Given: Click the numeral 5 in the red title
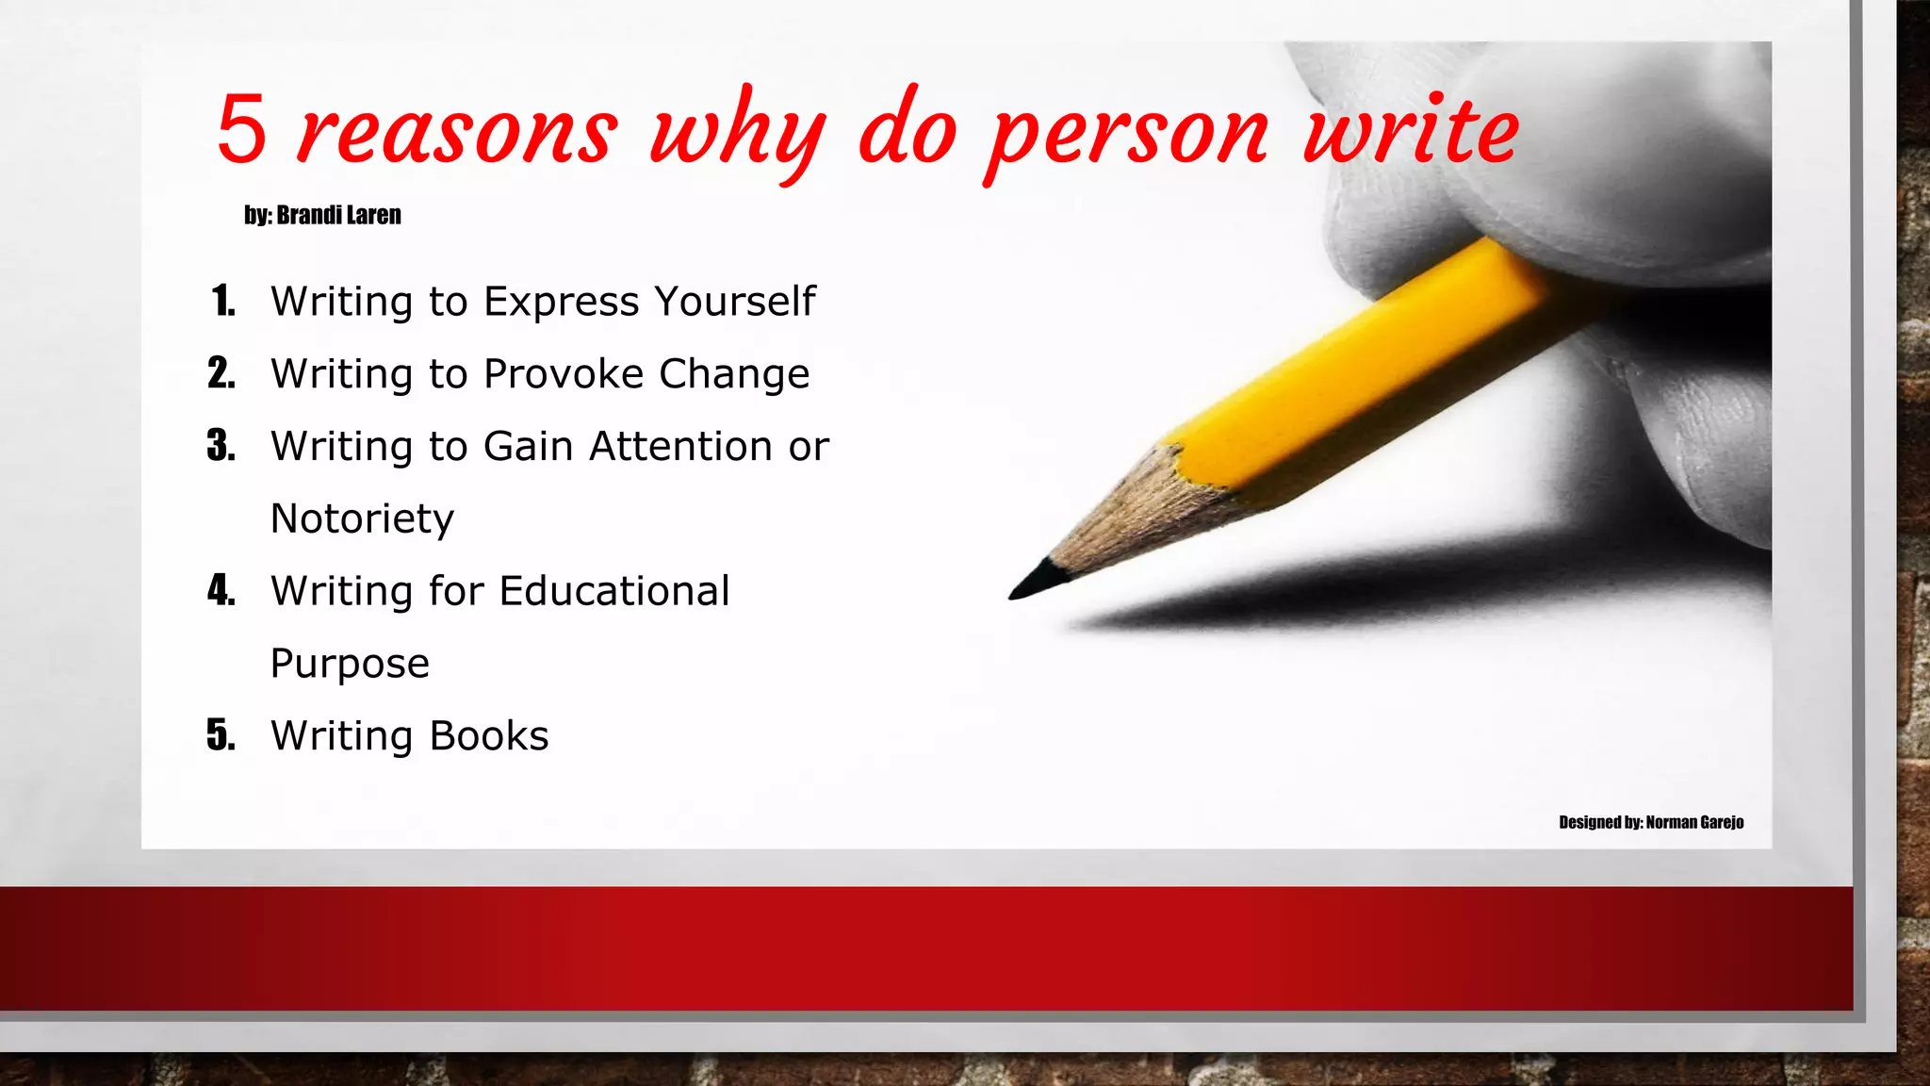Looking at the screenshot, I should coord(242,130).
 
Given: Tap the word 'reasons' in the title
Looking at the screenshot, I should coord(458,132).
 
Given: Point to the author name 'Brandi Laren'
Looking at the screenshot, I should coord(338,215).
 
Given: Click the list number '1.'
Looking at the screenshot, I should coord(223,302).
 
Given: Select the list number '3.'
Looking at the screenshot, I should coord(221,446).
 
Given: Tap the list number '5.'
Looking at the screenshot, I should coord(221,735).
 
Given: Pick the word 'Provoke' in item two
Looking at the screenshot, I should coord(564,374).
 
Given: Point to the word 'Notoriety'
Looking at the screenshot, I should coord(362,518).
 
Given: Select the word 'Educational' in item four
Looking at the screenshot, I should coord(614,591).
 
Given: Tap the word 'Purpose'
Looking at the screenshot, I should coord(350,664).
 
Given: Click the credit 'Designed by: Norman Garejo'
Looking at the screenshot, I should coord(1651,822).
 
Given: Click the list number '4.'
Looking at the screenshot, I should coord(221,591).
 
